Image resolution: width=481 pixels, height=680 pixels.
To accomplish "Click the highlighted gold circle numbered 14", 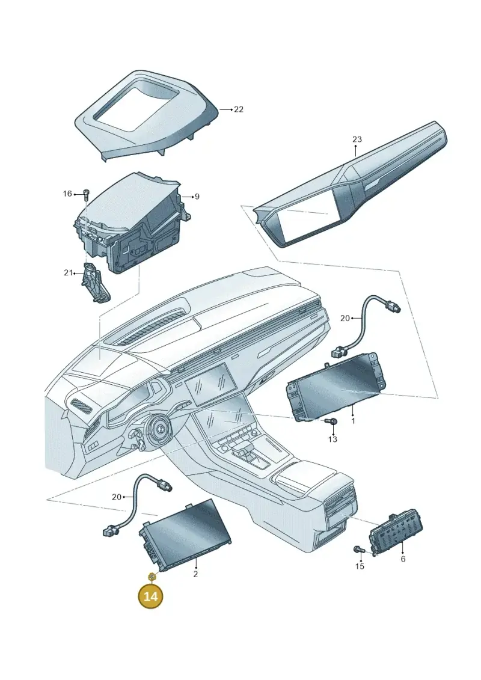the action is tap(150, 596).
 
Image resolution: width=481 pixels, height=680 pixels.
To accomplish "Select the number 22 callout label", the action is tap(239, 109).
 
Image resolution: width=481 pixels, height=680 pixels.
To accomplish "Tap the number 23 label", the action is tap(357, 139).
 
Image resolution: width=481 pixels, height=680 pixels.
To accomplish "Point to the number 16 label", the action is tap(67, 194).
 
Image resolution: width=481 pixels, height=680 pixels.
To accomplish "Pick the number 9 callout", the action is tap(197, 197).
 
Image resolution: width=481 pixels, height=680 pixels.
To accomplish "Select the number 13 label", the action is tap(332, 440).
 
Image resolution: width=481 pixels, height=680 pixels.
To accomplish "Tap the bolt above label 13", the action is tap(331, 421).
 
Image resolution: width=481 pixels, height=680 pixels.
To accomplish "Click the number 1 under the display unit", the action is tap(353, 420).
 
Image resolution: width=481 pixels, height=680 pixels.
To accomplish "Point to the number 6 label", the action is tap(403, 559).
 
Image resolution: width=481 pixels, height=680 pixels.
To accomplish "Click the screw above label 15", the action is tap(359, 550).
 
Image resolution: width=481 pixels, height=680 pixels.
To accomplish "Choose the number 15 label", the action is tap(360, 566).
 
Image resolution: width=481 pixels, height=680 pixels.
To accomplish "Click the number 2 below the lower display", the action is tap(195, 574).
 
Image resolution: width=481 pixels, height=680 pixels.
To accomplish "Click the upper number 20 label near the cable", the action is tap(345, 318).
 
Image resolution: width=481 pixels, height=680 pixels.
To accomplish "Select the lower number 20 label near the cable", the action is tap(116, 497).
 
